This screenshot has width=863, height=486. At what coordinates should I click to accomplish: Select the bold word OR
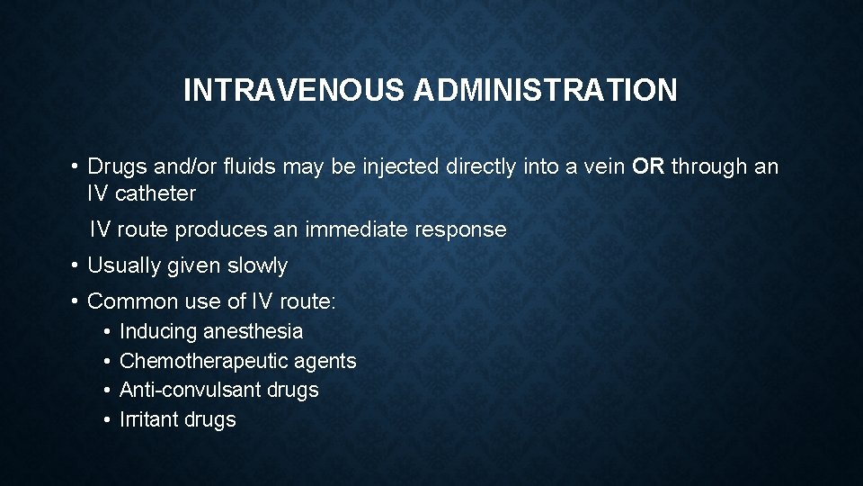coord(647,166)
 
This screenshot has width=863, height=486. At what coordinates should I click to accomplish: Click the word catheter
coord(156,193)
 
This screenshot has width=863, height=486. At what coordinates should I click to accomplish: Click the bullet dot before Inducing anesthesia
coord(106,331)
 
